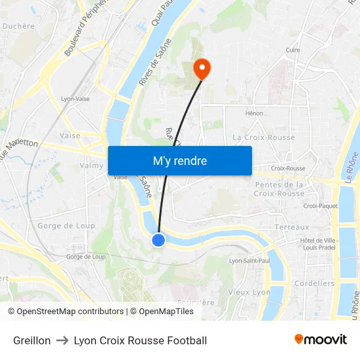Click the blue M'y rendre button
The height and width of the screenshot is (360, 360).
(179, 160)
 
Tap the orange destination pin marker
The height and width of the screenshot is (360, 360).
(202, 68)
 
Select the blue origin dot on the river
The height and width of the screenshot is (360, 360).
(158, 240)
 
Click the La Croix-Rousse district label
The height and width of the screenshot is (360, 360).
(264, 137)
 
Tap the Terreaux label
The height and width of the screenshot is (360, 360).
(291, 227)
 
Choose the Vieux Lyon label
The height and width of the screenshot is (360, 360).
(249, 292)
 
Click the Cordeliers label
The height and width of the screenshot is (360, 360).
(314, 283)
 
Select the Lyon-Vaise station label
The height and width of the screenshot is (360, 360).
(75, 99)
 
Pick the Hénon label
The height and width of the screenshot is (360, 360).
(254, 113)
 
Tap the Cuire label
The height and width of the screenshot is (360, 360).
(293, 50)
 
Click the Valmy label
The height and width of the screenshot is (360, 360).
(92, 166)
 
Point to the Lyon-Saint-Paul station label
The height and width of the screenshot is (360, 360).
(249, 261)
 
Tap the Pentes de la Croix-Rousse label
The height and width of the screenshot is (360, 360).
(278, 189)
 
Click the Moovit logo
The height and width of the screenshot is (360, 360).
(320, 340)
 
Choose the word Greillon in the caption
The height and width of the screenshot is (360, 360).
(31, 340)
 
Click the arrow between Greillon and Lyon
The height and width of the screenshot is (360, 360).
(62, 340)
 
